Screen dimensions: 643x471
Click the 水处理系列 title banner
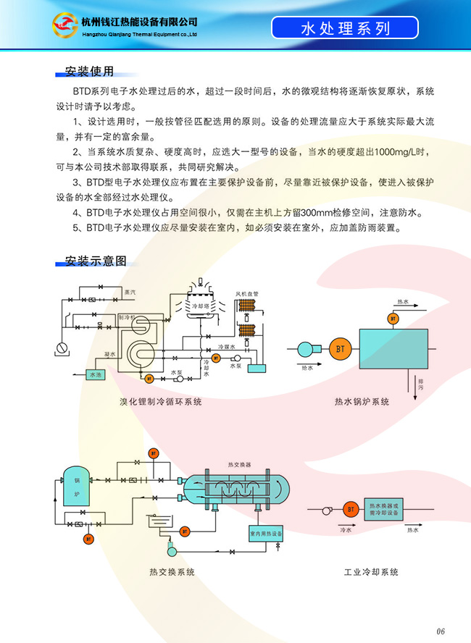click(x=345, y=28)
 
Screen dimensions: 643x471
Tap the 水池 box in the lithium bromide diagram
click(x=96, y=374)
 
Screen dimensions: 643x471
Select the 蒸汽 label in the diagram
click(x=130, y=292)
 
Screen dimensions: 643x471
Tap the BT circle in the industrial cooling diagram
click(x=351, y=510)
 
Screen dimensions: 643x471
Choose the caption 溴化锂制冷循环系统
click(x=161, y=401)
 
